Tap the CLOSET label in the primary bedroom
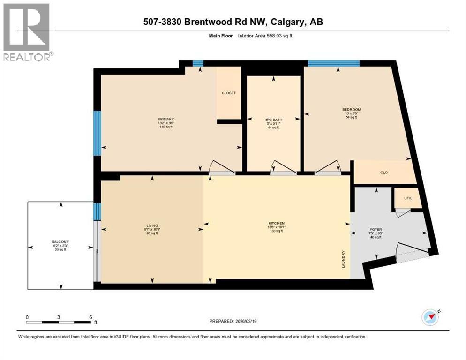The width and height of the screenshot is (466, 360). point(229,93)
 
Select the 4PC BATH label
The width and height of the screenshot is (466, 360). point(273,120)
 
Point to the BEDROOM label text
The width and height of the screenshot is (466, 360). point(352,110)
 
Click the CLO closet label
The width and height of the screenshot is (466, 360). point(384,172)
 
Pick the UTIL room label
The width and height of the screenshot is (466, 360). point(408,198)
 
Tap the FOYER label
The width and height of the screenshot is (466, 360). point(376,230)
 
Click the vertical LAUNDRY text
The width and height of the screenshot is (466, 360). point(344,259)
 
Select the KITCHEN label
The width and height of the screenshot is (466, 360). point(278,223)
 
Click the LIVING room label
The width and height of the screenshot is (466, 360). point(152,225)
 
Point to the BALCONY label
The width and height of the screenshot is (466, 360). point(60,242)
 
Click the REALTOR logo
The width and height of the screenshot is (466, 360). point(27,32)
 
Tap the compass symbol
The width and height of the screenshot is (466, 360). point(430,317)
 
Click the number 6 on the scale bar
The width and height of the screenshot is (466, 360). point(90,317)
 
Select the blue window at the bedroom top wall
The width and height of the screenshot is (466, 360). point(333,63)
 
